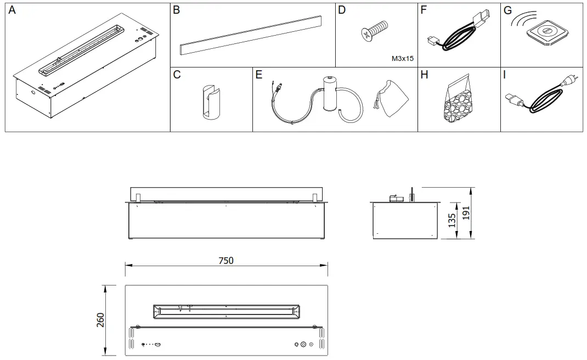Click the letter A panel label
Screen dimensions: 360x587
(12, 10)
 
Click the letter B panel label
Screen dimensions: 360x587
(177, 10)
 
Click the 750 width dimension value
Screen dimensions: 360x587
(226, 261)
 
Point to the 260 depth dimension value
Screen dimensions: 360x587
(100, 320)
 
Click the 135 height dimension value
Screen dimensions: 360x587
(452, 220)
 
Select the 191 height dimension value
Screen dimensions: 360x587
(466, 213)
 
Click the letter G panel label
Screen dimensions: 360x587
(507, 10)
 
